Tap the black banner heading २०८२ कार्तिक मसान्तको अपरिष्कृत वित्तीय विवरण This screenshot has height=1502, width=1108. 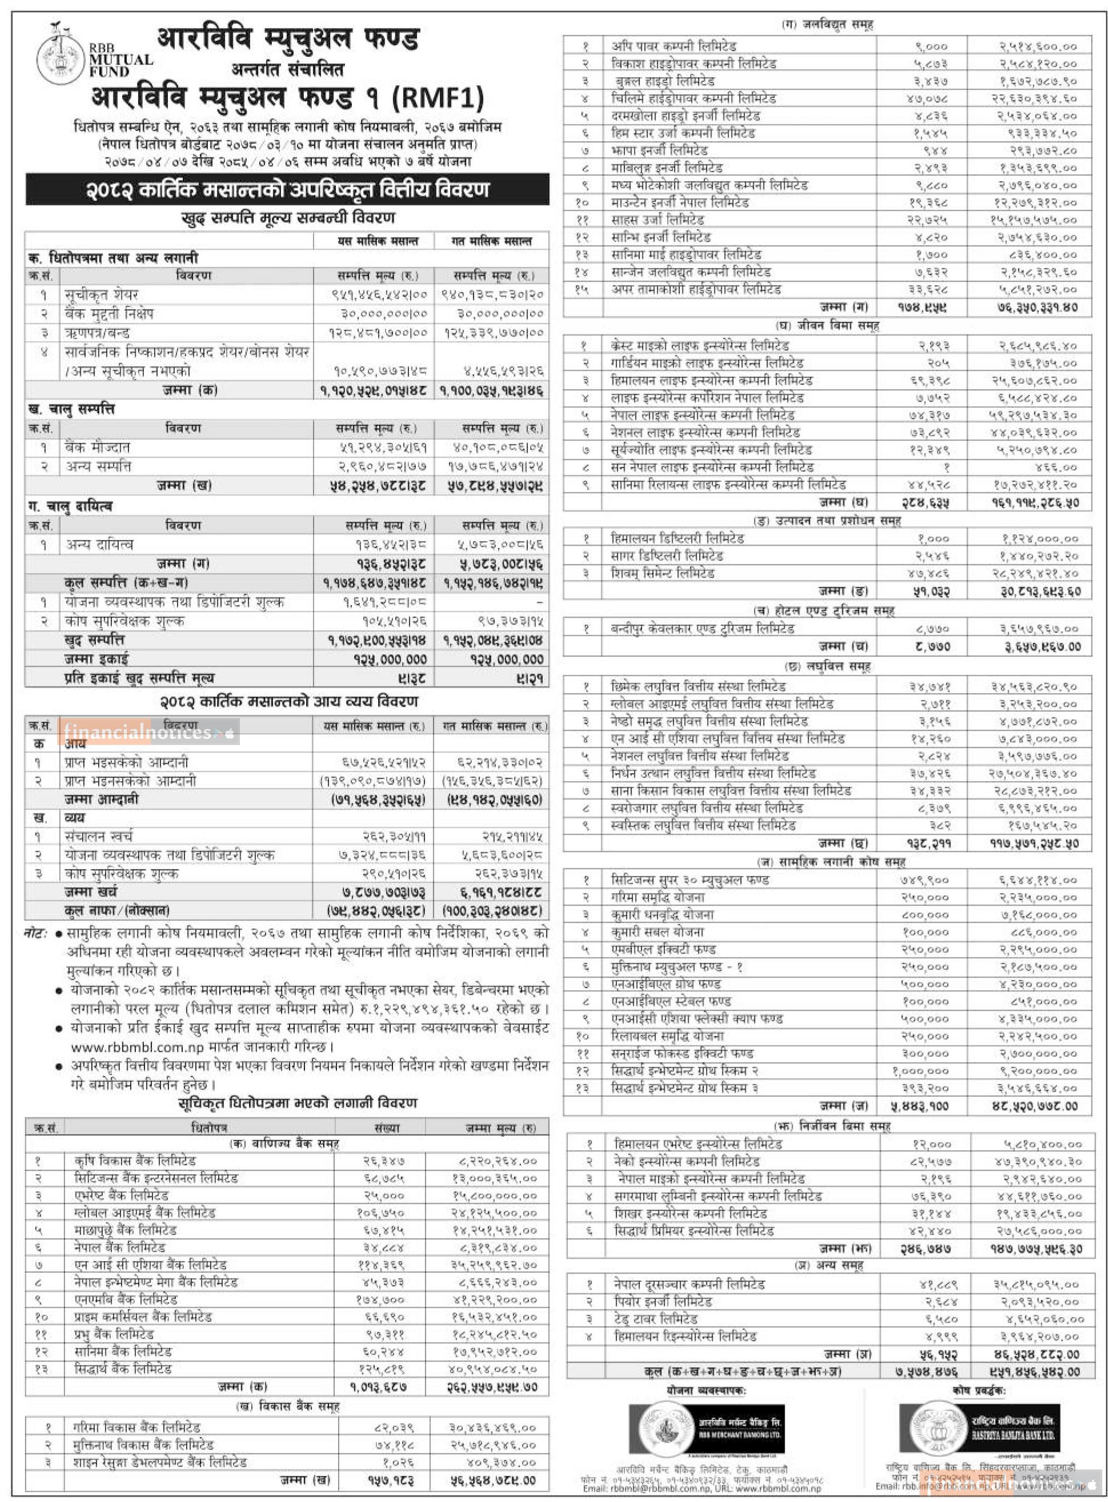(287, 190)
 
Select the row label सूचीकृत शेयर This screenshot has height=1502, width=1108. (102, 294)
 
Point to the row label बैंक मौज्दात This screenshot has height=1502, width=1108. (98, 447)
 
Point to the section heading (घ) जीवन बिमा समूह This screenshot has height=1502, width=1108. (827, 325)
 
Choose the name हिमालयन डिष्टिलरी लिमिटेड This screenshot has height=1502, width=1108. (677, 538)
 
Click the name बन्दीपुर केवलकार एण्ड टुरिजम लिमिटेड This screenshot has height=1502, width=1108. (702, 628)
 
